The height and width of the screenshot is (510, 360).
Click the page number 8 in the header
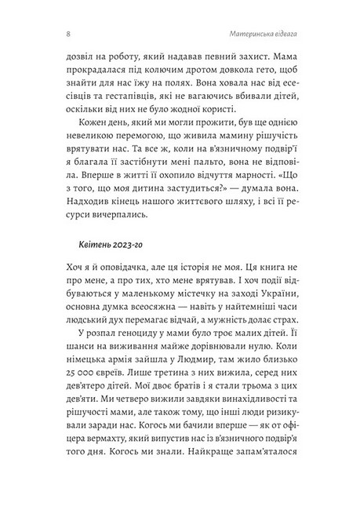point(49,34)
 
